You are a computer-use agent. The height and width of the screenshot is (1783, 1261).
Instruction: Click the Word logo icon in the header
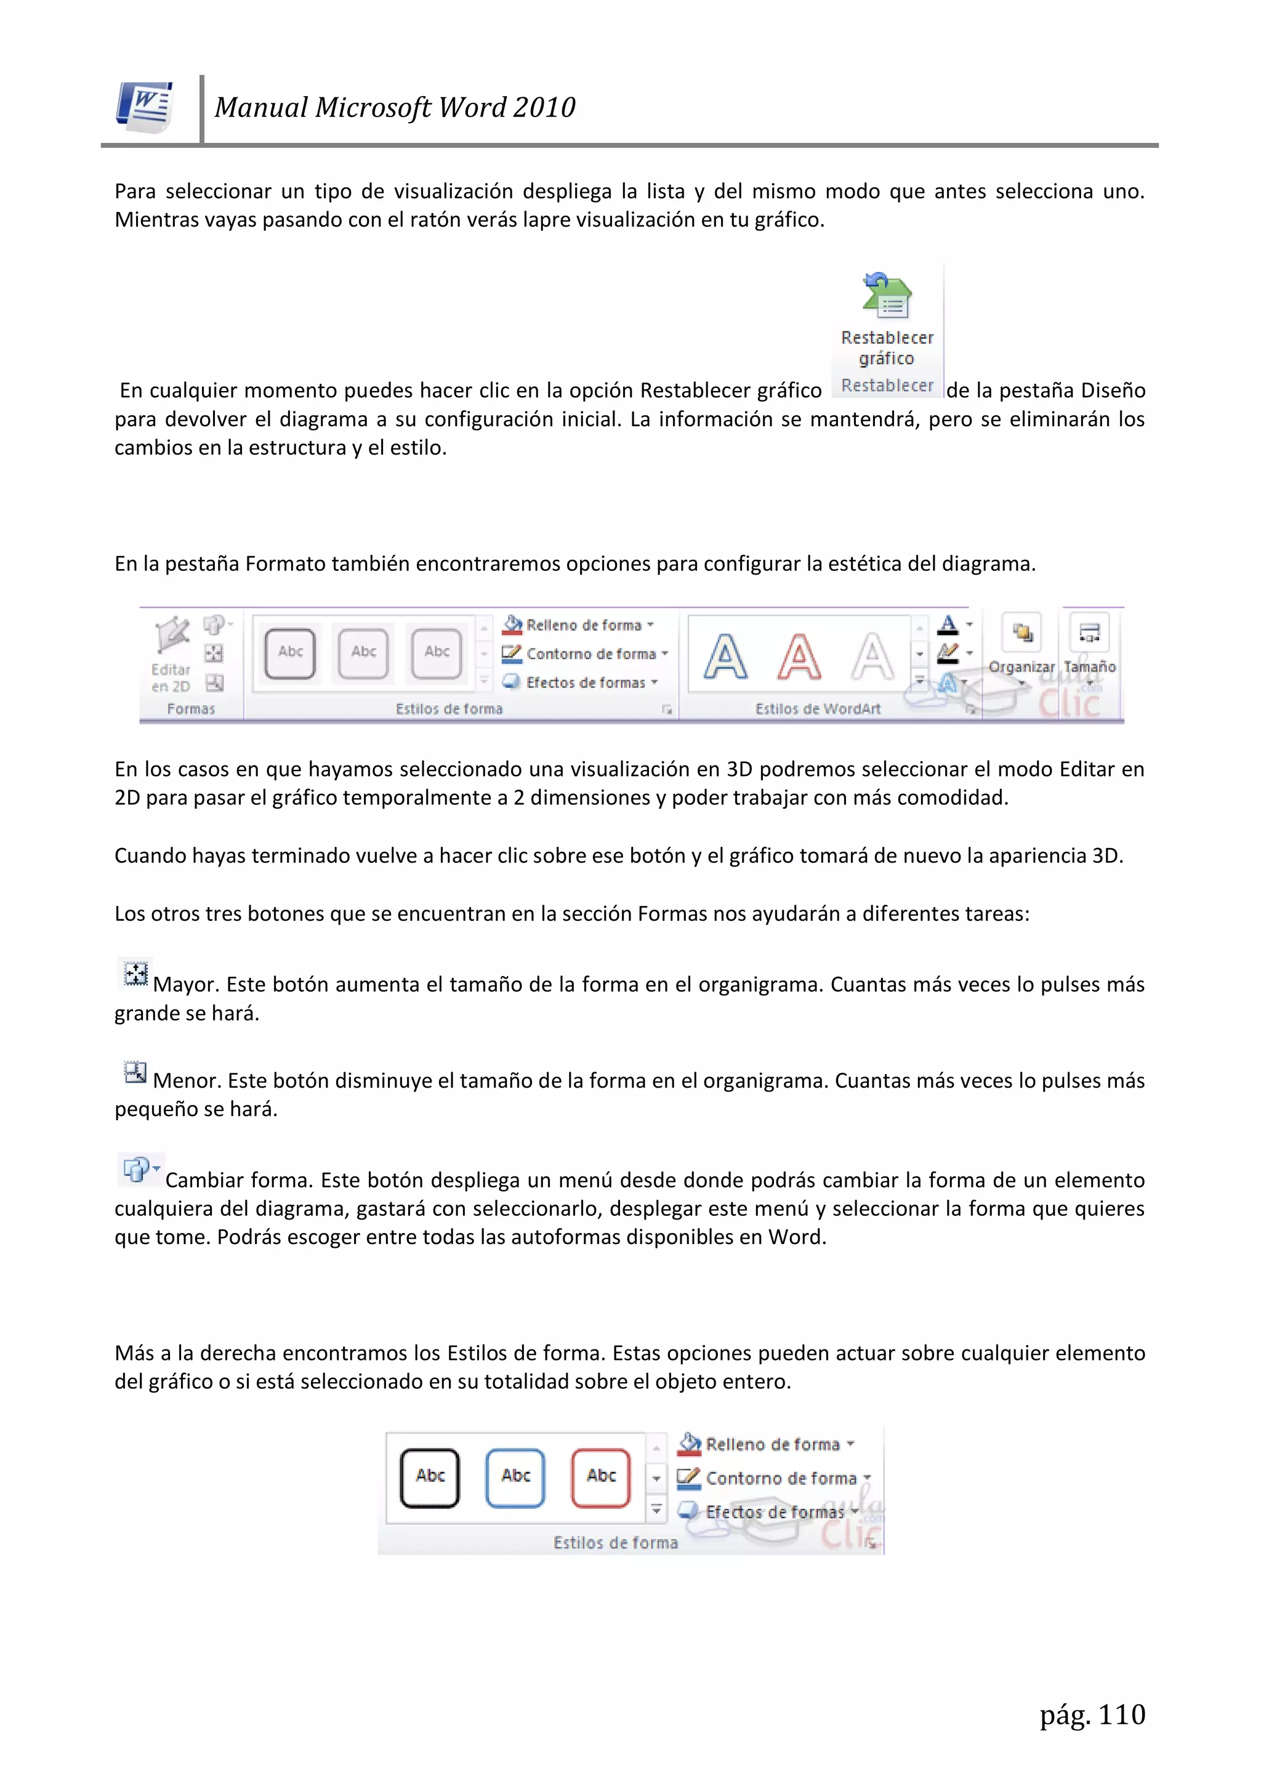145,107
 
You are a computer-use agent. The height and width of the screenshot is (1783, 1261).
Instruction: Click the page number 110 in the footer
1121,1714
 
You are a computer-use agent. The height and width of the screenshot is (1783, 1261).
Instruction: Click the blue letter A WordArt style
725,657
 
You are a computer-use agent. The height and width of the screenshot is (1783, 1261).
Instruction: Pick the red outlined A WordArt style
799,657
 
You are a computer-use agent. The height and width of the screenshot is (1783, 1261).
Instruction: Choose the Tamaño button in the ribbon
1089,648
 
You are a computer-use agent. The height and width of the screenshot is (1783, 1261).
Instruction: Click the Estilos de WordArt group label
818,708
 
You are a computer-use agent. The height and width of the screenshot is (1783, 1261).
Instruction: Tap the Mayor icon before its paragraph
136,974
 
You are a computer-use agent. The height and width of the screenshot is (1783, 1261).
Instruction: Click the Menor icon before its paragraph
135,1072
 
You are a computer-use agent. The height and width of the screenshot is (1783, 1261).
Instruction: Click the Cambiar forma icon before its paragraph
138,1169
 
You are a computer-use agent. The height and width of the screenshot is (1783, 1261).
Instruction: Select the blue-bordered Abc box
515,1477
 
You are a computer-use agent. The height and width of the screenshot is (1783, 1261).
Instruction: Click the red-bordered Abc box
601,1477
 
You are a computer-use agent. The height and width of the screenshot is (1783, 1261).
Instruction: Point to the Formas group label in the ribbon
191,708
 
